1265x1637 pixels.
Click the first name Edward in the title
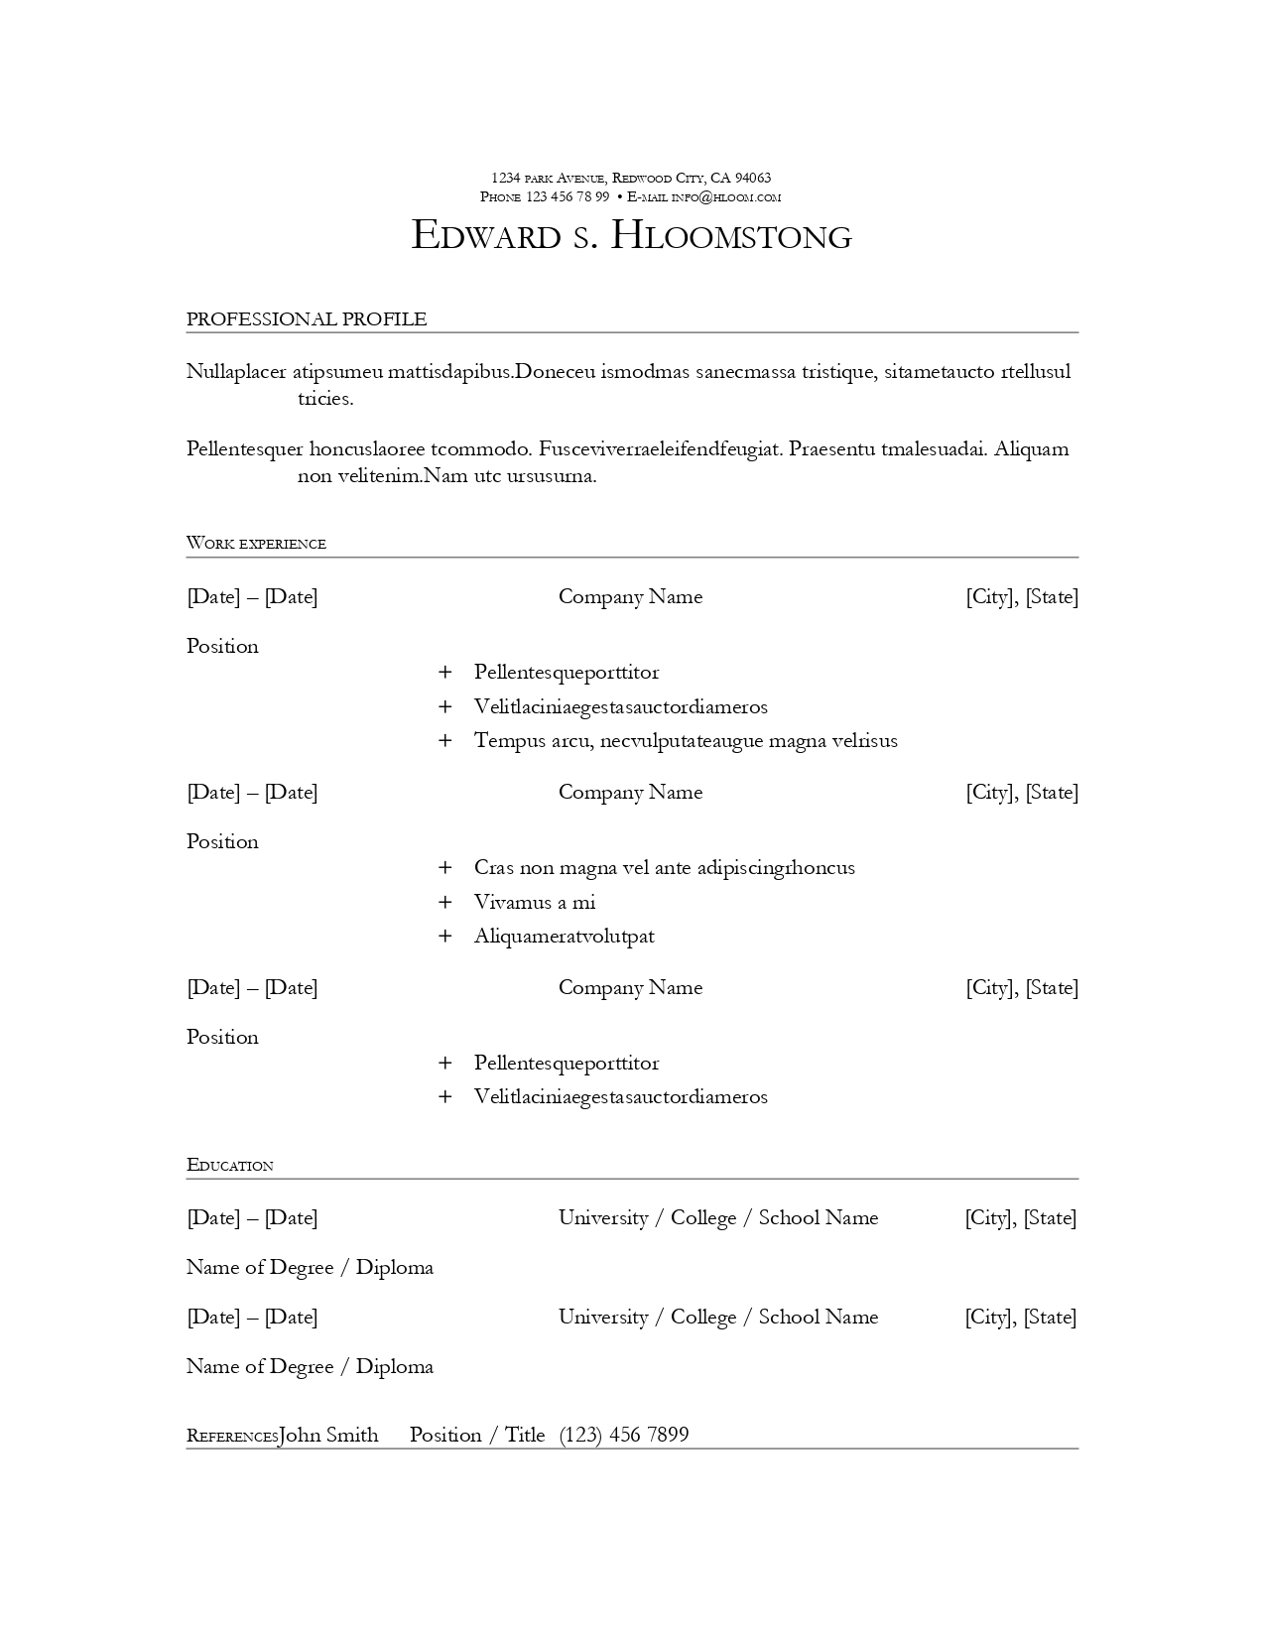[x=485, y=236]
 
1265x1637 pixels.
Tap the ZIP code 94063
[x=753, y=178]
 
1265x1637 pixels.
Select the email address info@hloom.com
[x=726, y=196]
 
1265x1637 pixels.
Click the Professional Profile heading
[x=307, y=318]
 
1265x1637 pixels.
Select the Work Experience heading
[x=256, y=543]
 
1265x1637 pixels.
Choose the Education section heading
[x=229, y=1165]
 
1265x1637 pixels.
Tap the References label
[x=232, y=1436]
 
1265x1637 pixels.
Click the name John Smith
[x=328, y=1435]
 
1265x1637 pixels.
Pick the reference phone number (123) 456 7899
[x=623, y=1435]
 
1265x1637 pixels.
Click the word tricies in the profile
[x=325, y=399]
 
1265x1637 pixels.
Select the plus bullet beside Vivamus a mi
[x=445, y=902]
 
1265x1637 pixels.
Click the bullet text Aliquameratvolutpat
[x=564, y=936]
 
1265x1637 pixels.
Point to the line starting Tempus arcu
[x=685, y=740]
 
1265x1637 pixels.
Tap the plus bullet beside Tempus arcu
[x=445, y=740]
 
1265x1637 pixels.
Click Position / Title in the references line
[x=477, y=1435]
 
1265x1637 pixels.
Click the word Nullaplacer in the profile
[x=236, y=372]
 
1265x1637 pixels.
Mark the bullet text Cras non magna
[x=664, y=867]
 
